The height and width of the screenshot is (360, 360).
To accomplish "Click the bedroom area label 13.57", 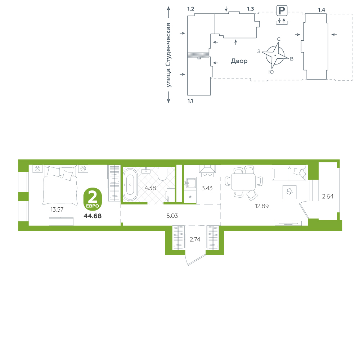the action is [x=57, y=210].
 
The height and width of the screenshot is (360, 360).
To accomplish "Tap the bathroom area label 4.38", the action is [x=150, y=188].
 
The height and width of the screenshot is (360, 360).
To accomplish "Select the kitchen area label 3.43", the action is [x=207, y=188].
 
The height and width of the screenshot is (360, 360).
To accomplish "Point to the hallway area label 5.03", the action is [x=172, y=216].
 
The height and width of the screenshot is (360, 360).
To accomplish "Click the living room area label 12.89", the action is [x=262, y=206].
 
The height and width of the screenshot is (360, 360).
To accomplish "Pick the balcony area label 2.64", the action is [x=328, y=196].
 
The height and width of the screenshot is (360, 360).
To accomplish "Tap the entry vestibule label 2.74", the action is [x=195, y=239].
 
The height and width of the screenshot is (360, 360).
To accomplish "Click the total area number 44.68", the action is [x=93, y=216].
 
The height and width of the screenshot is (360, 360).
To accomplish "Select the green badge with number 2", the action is [x=93, y=199].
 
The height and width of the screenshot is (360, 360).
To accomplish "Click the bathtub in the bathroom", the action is [x=130, y=185].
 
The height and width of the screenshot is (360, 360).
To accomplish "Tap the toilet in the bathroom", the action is [x=163, y=174].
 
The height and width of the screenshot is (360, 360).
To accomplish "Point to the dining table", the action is [x=243, y=182].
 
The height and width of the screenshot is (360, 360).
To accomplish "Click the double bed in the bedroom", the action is [x=60, y=185].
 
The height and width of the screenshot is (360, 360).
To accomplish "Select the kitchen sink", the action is [x=190, y=183].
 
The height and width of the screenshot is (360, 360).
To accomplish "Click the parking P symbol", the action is [x=282, y=10].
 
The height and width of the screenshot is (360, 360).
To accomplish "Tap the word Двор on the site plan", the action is [x=239, y=61].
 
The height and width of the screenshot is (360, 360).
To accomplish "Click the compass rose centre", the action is [x=275, y=55].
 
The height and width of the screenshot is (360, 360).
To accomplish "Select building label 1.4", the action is [x=321, y=10].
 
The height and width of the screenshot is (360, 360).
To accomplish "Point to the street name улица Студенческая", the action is [x=168, y=55].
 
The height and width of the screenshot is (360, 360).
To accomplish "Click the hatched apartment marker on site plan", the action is [x=198, y=55].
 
